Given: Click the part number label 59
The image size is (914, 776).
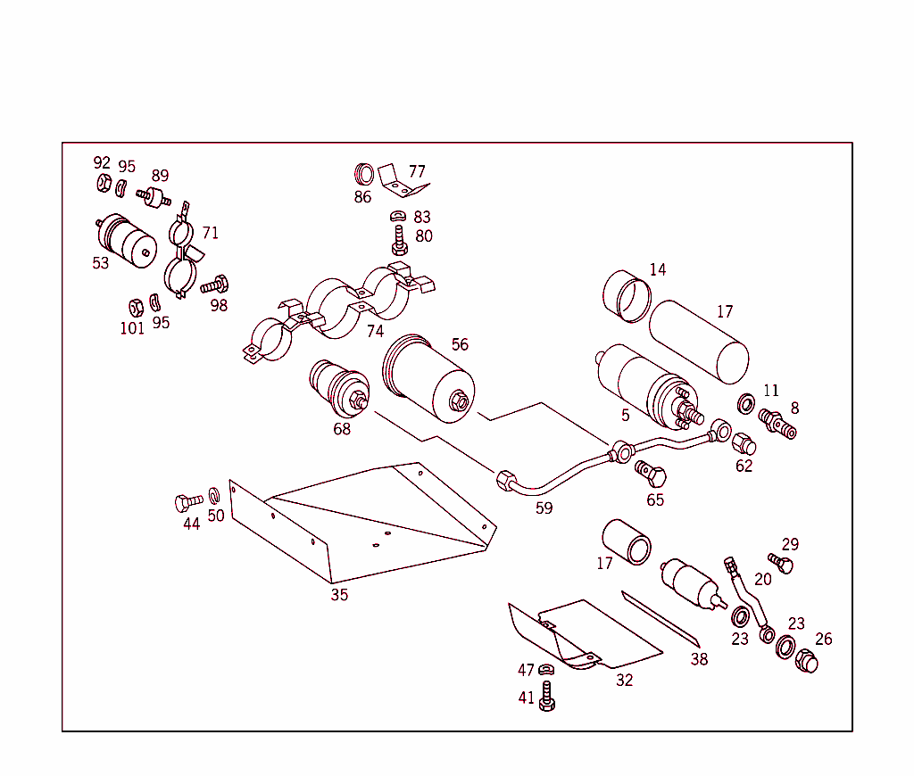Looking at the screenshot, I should pos(544,508).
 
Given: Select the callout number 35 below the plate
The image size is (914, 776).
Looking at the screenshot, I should pos(339,595).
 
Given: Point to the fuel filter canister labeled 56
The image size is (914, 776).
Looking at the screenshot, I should pos(429,378).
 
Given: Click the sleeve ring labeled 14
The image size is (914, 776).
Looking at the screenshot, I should pos(626,296).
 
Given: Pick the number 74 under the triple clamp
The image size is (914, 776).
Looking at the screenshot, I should pos(375,332).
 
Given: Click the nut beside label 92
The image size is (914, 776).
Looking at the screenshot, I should pos(104,185).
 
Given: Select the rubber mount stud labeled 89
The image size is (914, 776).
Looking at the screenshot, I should pos(156,196).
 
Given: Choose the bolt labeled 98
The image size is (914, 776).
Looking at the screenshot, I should pos(215,285).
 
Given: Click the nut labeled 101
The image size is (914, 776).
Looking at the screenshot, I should pos(136,308).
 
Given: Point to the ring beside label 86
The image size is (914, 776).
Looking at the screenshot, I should pos(364,173).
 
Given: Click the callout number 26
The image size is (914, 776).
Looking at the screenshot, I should pos(823,640).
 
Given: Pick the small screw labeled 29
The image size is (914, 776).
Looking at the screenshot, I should pos(781,564).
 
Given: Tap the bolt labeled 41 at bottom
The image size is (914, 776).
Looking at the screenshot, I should pos(547,697).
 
